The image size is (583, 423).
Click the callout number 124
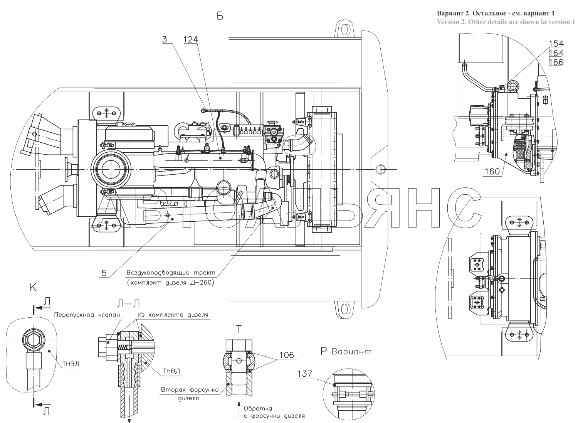(190, 40)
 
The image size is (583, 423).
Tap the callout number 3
(165, 40)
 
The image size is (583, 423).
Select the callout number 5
(104, 273)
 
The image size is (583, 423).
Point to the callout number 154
(556, 44)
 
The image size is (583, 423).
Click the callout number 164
(556, 53)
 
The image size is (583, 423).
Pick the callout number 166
(556, 62)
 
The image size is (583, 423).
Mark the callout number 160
(493, 171)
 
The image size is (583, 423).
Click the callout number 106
(287, 355)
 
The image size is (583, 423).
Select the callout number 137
(305, 374)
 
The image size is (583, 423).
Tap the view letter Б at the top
(220, 17)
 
